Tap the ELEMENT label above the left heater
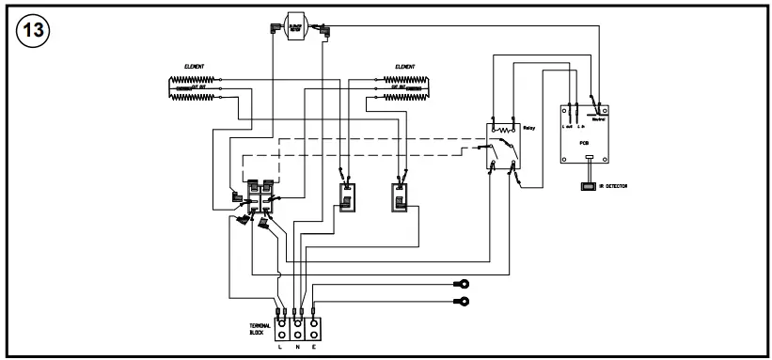[195, 67]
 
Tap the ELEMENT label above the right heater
[406, 67]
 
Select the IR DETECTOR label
[612, 187]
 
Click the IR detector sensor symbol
[588, 187]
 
